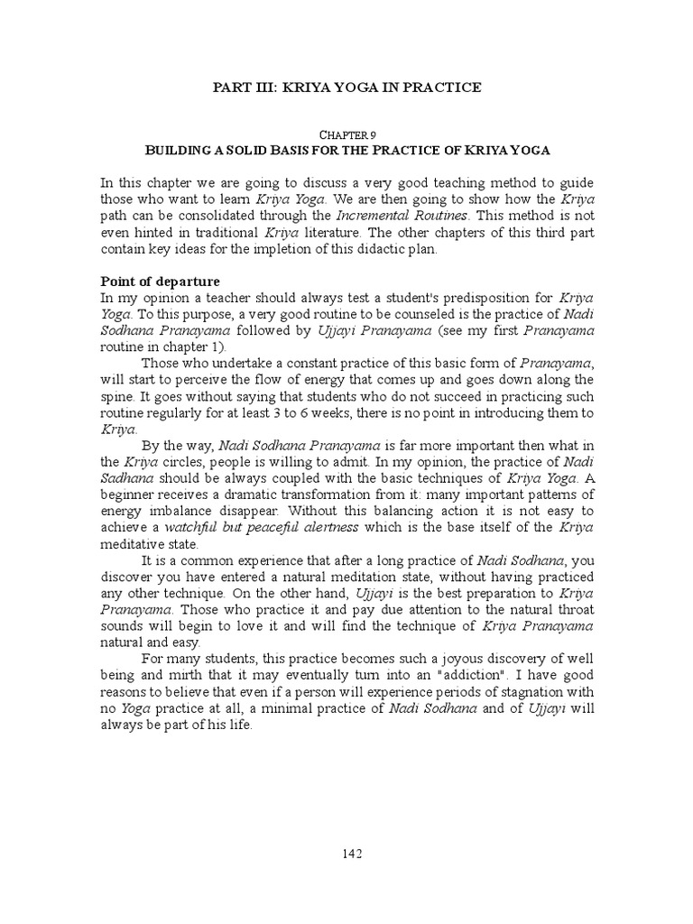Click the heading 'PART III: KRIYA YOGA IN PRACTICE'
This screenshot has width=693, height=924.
346,88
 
